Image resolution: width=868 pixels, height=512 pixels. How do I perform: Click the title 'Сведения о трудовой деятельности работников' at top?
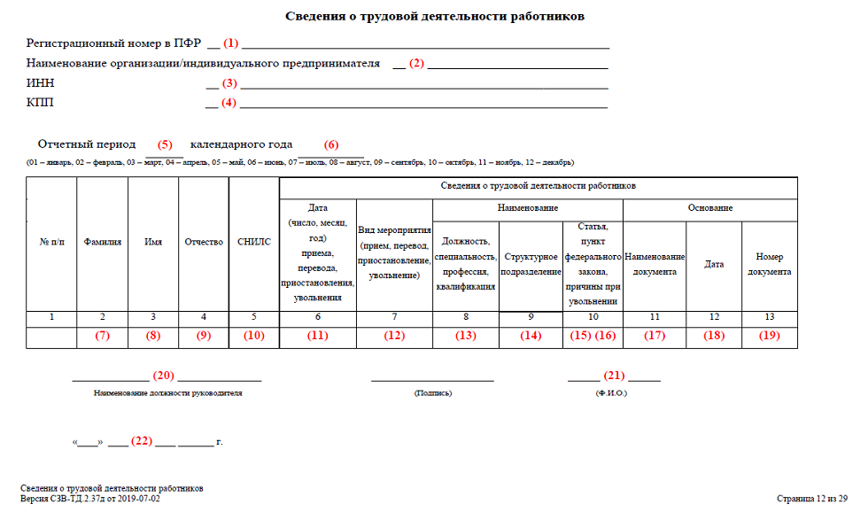pyautogui.click(x=435, y=16)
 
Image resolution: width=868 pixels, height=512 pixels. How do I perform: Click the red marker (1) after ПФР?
pyautogui.click(x=230, y=43)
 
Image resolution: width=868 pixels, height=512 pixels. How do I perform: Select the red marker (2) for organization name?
pyautogui.click(x=416, y=64)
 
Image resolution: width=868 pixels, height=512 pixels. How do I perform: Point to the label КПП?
pyautogui.click(x=39, y=104)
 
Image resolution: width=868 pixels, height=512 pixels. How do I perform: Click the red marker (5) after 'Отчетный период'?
pyautogui.click(x=166, y=144)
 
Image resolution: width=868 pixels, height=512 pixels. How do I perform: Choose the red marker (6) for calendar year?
pyautogui.click(x=330, y=144)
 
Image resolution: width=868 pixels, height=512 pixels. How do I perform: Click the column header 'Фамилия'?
pyautogui.click(x=103, y=242)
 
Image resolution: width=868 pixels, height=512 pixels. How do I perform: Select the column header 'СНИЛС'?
pyautogui.click(x=254, y=242)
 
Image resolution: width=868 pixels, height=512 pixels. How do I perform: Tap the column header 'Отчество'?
pyautogui.click(x=204, y=242)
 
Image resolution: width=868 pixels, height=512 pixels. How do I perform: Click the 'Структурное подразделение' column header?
pyautogui.click(x=531, y=264)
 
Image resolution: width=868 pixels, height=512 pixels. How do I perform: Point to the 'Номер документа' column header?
pyautogui.click(x=769, y=264)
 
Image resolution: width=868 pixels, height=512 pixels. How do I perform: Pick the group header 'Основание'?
pyautogui.click(x=709, y=208)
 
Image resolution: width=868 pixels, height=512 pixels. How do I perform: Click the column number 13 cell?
pyautogui.click(x=769, y=317)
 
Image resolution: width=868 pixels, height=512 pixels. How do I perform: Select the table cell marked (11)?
pyautogui.click(x=317, y=337)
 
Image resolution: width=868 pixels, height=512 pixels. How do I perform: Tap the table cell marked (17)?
pyautogui.click(x=654, y=337)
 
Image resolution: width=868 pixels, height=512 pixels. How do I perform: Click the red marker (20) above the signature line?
pyautogui.click(x=163, y=376)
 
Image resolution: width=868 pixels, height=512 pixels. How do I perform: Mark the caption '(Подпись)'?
pyautogui.click(x=432, y=392)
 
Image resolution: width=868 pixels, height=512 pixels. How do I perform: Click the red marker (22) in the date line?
pyautogui.click(x=142, y=440)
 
